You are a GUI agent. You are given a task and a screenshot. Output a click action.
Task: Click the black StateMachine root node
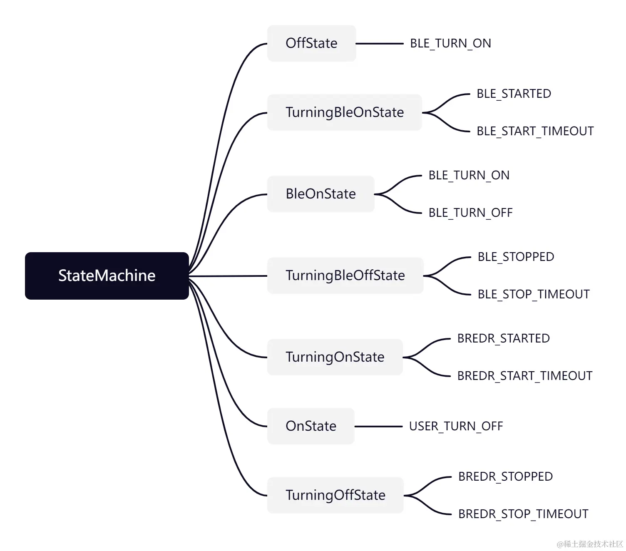107,275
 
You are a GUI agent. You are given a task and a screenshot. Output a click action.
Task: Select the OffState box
311,43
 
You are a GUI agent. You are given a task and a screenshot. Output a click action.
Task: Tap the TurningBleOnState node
344,112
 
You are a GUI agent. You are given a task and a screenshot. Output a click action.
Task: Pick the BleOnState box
320,194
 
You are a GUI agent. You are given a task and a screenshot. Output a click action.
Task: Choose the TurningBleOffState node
345,275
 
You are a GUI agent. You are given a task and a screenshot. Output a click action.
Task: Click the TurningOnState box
335,357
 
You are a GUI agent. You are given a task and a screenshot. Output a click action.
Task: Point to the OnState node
311,426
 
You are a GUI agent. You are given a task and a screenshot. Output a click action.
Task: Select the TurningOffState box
335,495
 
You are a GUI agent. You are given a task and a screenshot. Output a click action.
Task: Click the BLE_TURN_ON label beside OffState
450,43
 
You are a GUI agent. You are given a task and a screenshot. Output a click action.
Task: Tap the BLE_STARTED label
514,94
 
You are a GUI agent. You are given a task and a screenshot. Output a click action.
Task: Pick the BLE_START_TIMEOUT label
535,131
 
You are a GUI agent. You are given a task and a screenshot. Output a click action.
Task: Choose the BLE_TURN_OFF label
470,213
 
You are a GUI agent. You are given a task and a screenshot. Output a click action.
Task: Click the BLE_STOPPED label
516,257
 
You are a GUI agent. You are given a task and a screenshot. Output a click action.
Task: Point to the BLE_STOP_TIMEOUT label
534,294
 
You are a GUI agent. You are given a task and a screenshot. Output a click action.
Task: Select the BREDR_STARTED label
503,338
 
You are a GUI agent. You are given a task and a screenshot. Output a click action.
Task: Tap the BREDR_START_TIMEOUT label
524,376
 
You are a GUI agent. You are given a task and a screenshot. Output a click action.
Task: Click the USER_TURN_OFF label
456,426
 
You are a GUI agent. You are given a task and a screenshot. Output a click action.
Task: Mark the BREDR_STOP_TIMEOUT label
523,514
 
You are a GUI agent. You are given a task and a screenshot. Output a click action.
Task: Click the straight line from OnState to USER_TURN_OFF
378,427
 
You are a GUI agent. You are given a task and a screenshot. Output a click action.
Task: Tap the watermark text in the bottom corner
590,544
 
